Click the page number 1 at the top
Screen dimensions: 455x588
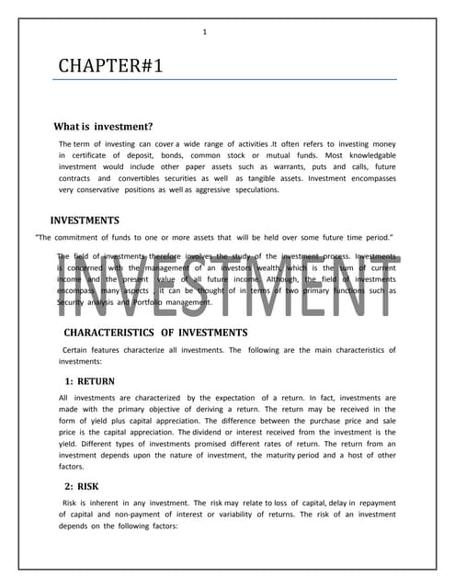204,33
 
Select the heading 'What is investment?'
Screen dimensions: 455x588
103,127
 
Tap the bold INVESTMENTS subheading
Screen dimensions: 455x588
85,220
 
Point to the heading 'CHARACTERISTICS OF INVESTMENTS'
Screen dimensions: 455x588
155,332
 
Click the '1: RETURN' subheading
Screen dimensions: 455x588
90,380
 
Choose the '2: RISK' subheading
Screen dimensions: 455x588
82,486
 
